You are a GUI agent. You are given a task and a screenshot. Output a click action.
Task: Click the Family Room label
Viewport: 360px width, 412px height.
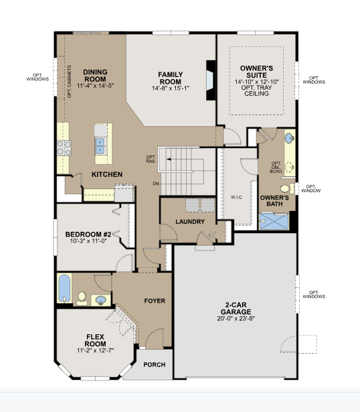point(170,78)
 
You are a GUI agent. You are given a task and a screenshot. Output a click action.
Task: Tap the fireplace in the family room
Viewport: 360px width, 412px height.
point(210,80)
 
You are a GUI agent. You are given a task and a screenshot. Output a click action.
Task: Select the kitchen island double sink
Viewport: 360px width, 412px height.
point(100,146)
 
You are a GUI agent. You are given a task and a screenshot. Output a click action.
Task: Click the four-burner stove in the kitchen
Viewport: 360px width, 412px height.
point(64,148)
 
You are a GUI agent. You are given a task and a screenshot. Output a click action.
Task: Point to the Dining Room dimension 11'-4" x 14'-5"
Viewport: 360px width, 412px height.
point(95,86)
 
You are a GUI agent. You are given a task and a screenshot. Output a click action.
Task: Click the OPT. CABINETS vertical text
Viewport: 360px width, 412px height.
point(70,82)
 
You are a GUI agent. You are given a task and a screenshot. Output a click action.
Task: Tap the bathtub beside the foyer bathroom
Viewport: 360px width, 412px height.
point(64,288)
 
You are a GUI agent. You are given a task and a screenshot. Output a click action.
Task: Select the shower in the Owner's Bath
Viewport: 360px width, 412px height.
point(274,222)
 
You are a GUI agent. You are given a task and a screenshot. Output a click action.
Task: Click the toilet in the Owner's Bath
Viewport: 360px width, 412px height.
point(287,188)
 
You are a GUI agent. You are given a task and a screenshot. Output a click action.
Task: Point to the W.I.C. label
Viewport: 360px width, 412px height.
point(237,198)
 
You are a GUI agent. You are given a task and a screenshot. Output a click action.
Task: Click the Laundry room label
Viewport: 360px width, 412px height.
point(190,222)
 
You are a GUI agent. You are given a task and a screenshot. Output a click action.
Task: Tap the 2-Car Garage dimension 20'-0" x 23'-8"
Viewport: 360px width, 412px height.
point(236,318)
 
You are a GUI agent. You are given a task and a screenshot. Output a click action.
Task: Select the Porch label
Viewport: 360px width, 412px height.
point(155,364)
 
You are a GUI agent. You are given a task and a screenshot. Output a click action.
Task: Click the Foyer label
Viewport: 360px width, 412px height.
point(155,301)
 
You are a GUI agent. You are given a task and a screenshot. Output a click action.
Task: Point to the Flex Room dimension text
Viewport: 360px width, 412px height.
point(95,350)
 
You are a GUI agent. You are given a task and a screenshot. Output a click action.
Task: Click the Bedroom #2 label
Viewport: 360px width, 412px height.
point(88,234)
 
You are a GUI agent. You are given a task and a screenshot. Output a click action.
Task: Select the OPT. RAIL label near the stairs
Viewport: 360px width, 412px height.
point(151,159)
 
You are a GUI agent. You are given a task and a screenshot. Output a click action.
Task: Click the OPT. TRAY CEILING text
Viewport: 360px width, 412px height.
point(256,90)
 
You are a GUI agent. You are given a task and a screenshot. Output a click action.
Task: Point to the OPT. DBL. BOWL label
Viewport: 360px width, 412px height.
point(276,167)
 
